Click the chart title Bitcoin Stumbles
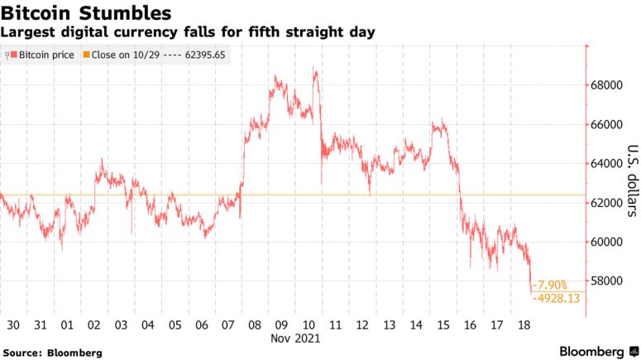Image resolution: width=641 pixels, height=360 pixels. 86,13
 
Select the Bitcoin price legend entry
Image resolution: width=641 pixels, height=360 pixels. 41,55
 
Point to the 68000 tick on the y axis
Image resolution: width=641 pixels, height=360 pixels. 606,85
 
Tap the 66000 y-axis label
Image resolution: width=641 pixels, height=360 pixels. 606,124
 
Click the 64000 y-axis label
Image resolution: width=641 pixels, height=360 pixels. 606,164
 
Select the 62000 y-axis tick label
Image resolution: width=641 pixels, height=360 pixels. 606,203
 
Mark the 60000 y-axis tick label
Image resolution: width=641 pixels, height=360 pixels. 606,242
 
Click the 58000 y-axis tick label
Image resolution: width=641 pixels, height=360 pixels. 606,281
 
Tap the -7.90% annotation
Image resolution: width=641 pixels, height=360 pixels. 551,284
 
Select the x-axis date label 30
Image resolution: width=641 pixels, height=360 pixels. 12,324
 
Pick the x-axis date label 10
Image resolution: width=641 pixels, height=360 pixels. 308,324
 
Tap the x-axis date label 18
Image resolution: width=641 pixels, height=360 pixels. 523,324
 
